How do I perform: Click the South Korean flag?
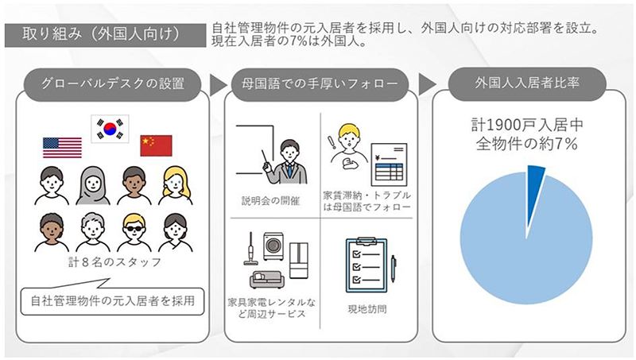point(110,127)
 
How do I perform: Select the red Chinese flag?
point(156,145)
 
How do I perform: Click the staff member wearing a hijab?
point(93,184)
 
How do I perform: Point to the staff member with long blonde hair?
point(176,184)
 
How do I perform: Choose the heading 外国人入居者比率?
point(527,82)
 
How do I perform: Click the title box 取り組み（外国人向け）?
point(103,36)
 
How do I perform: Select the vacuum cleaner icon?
point(247,250)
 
